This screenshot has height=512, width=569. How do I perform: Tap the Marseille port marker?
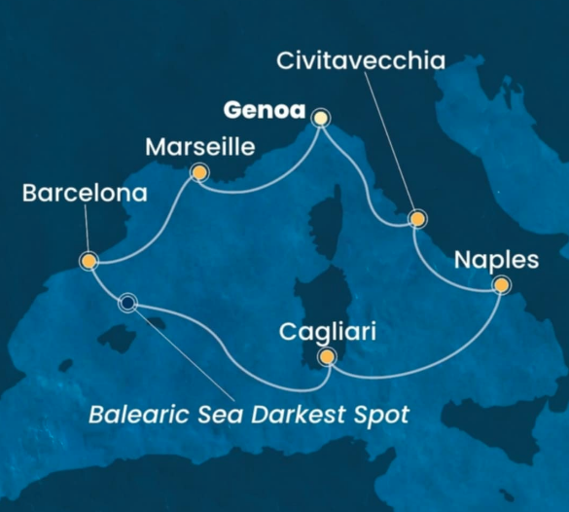point(199,173)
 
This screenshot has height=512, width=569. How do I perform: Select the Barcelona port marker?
point(89,261)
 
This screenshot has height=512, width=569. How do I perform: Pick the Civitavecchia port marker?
point(417,219)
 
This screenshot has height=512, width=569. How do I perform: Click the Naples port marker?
point(501,285)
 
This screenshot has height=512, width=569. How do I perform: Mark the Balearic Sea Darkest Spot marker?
point(127,304)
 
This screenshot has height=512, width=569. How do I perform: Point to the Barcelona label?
point(85,194)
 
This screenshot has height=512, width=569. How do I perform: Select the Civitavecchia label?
point(361,61)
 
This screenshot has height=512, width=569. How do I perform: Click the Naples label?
point(496,260)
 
